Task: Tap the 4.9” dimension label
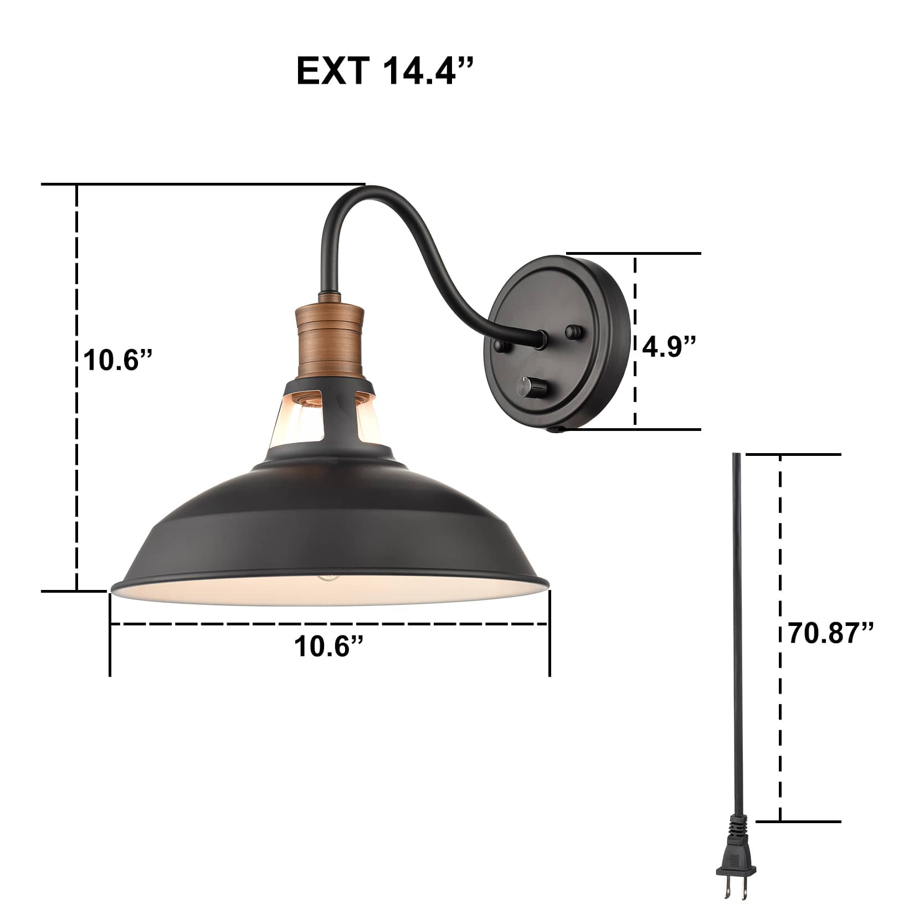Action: click(669, 346)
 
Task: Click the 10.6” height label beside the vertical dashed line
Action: click(117, 360)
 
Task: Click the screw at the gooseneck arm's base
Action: click(502, 347)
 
